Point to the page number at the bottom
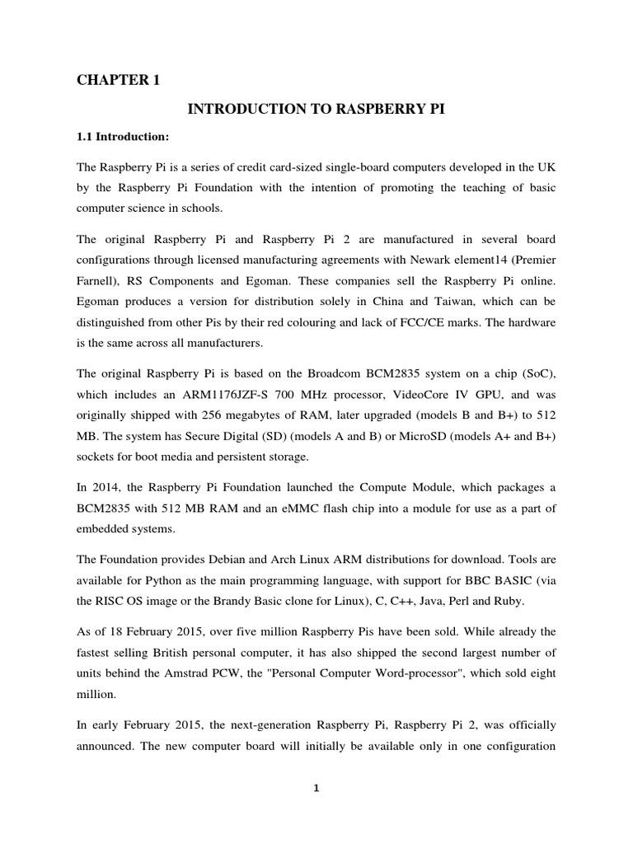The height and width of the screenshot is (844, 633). pyautogui.click(x=316, y=788)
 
